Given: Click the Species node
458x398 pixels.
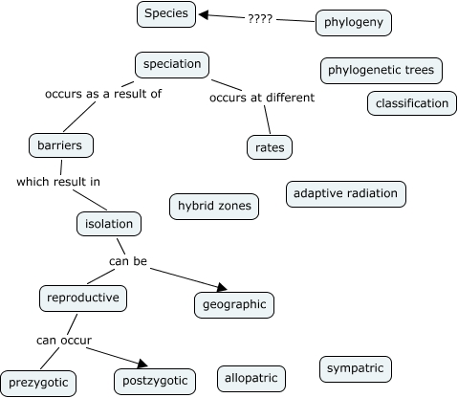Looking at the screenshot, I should pos(168,13).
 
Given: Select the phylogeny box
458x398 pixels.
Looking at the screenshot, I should pos(353,23).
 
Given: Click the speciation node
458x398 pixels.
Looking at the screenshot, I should pos(172,64).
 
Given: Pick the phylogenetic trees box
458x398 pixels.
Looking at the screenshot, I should pos(381,70).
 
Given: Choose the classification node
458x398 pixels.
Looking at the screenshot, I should pos(411,103).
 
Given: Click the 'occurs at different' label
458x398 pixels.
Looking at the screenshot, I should pos(261,98).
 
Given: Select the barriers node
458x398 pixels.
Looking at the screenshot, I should pos(61,145).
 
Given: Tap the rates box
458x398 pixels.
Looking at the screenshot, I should pos(269,147).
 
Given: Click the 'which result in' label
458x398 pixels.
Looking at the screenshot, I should pos(58,181).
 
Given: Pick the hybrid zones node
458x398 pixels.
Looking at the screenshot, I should pos(213,205).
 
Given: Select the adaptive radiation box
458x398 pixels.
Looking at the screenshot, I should pos(345,194).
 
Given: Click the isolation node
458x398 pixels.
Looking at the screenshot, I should pos(109,224).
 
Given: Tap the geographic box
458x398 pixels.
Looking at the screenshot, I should pos(233,304).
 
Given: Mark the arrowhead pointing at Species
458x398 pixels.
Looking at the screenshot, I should pos(204,14).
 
